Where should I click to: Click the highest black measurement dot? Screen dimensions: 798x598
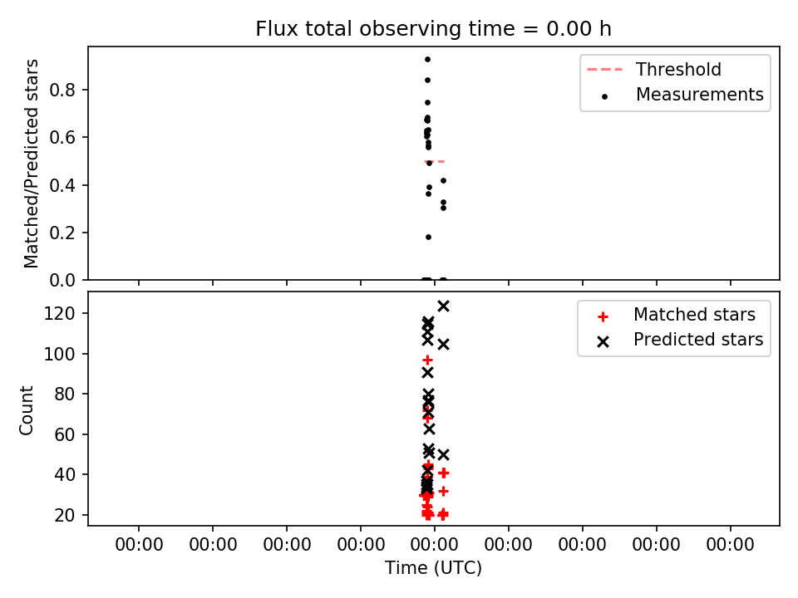pos(427,60)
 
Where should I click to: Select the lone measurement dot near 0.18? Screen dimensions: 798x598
pos(429,237)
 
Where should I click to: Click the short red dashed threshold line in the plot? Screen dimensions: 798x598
pos(435,162)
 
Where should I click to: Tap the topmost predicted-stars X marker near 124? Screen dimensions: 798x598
pos(443,306)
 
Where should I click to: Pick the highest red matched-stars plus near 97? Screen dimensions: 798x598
pos(427,360)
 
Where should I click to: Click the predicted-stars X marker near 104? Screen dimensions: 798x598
pos(443,345)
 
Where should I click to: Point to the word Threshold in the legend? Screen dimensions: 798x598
pos(678,69)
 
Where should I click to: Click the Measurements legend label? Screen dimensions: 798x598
pos(700,95)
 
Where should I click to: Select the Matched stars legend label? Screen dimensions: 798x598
pos(694,315)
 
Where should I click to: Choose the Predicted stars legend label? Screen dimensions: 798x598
pos(698,340)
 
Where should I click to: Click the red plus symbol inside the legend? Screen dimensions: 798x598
pos(603,316)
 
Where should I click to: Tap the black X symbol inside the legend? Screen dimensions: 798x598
pos(603,342)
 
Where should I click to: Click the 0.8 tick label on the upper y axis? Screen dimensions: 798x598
pos(62,90)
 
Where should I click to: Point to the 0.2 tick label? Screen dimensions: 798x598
pos(62,233)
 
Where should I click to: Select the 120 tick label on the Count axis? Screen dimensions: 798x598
pos(60,313)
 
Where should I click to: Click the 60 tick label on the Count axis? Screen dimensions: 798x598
pos(65,434)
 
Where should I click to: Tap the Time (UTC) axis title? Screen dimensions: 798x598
pos(434,567)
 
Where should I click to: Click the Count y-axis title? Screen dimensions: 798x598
pos(26,410)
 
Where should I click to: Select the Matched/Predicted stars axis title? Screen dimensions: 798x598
pos(31,164)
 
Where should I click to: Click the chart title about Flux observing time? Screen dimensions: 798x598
pos(434,29)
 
